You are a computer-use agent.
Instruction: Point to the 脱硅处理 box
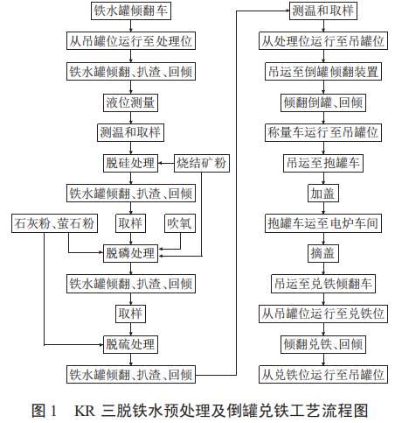[130, 163]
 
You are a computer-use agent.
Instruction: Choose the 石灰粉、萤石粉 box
[53, 223]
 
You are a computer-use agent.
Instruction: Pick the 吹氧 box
[180, 223]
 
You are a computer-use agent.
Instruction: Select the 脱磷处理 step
[130, 254]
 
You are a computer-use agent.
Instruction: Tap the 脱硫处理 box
[130, 343]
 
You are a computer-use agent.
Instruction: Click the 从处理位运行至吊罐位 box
[323, 41]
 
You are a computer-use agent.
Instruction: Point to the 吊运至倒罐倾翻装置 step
[323, 72]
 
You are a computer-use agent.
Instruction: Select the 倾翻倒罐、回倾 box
[323, 102]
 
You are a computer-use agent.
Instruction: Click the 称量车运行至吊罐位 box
[323, 132]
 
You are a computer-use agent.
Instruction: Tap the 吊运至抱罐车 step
[323, 163]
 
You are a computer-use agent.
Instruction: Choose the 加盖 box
[323, 193]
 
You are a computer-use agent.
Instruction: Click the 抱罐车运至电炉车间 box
[323, 223]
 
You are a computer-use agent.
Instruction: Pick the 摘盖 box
[323, 254]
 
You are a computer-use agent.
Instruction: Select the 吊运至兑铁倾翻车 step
[323, 284]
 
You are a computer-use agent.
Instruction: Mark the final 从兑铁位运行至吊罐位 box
[323, 375]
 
